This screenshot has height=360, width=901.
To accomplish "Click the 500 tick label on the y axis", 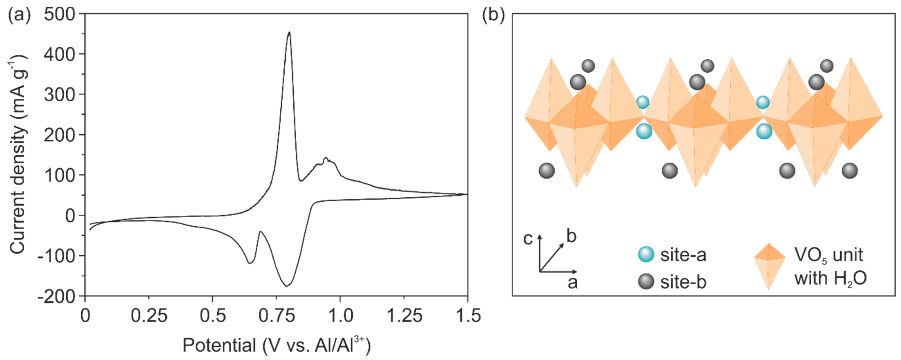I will [x=59, y=15].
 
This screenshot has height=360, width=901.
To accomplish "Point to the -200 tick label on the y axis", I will [x=56, y=297].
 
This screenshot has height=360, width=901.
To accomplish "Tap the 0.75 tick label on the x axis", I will [x=276, y=316].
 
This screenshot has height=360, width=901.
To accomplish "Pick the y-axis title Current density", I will [x=17, y=154].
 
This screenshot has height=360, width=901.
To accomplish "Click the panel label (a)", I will [x=19, y=15].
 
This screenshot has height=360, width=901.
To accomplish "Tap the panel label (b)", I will [x=493, y=15].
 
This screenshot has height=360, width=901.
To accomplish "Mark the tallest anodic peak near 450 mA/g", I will [x=289, y=33].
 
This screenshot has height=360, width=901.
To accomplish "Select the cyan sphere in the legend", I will [x=646, y=254].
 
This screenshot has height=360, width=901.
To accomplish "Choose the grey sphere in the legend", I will [x=646, y=282].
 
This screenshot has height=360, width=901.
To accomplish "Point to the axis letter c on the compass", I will [x=528, y=239].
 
